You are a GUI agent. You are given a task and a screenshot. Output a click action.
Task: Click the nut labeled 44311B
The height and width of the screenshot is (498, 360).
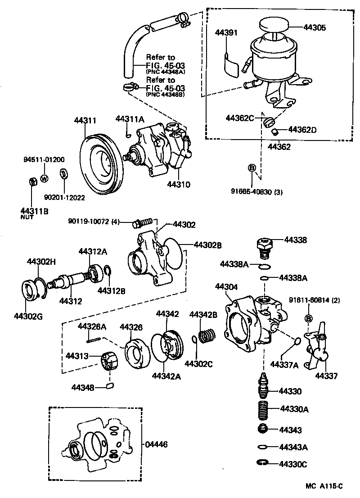point(32,182)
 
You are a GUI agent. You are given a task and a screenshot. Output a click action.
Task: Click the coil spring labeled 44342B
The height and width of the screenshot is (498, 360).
point(208,336)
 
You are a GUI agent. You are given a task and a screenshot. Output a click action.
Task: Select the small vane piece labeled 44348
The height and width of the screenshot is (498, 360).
point(111,386)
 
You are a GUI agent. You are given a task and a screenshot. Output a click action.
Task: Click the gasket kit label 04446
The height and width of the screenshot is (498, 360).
point(156,444)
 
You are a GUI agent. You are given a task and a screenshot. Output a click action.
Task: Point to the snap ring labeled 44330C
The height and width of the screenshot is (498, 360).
point(262,463)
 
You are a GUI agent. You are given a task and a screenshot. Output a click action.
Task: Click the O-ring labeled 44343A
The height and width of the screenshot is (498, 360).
point(263,447)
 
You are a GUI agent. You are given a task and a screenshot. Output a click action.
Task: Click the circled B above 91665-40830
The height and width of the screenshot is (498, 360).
point(252,168)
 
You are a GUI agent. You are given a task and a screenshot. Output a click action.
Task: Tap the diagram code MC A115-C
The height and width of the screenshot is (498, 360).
point(324,486)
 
